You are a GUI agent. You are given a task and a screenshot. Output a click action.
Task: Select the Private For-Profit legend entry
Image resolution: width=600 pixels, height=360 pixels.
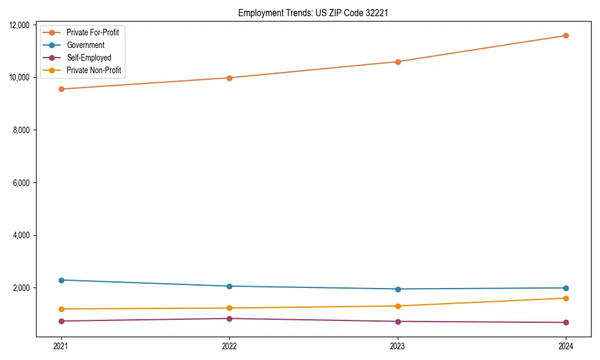click(92, 32)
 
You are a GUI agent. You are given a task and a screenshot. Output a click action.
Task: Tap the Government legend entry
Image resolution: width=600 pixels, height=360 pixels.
click(85, 45)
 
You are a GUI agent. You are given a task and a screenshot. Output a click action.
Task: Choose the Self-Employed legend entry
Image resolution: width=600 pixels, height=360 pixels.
click(89, 58)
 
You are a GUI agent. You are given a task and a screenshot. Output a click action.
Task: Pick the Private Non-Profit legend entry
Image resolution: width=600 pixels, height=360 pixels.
click(94, 70)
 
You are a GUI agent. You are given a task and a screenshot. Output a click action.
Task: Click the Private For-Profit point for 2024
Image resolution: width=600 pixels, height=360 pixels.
click(566, 35)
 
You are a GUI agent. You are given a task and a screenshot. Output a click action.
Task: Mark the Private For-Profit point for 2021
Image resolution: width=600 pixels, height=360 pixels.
click(61, 89)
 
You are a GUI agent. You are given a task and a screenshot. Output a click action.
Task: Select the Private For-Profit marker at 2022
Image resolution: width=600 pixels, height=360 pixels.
click(229, 77)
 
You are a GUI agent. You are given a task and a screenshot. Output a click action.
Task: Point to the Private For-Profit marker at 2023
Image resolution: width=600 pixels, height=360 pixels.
click(398, 61)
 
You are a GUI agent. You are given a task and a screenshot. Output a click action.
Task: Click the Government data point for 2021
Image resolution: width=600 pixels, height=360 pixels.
click(61, 280)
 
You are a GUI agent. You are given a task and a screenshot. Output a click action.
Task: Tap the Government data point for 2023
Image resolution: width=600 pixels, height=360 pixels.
click(398, 289)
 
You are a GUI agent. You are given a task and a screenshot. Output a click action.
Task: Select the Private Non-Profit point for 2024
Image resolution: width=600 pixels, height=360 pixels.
click(566, 298)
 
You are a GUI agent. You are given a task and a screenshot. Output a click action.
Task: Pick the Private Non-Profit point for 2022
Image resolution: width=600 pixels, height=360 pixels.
click(229, 308)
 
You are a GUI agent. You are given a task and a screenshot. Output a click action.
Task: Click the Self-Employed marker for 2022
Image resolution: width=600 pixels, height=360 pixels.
click(229, 319)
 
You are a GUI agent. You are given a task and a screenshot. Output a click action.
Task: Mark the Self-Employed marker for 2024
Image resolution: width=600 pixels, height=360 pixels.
click(566, 322)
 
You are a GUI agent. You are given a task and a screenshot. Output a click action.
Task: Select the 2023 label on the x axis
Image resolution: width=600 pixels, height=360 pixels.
click(398, 346)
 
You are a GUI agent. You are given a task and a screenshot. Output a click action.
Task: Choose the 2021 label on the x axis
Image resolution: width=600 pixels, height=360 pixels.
click(61, 346)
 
